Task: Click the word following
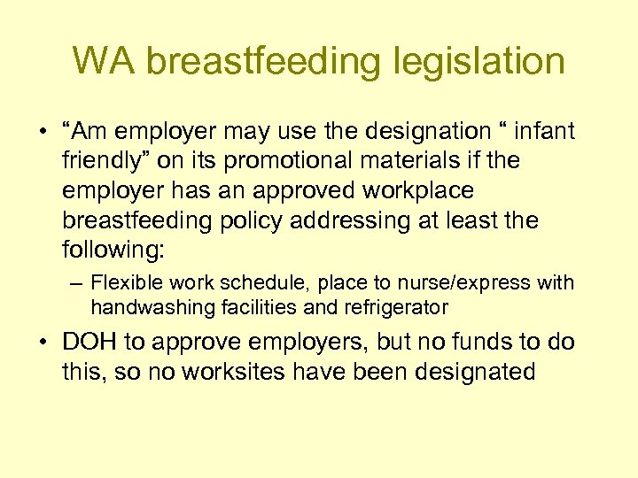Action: coord(113,249)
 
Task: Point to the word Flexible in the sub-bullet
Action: coord(124,283)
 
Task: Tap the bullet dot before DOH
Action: coord(44,342)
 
